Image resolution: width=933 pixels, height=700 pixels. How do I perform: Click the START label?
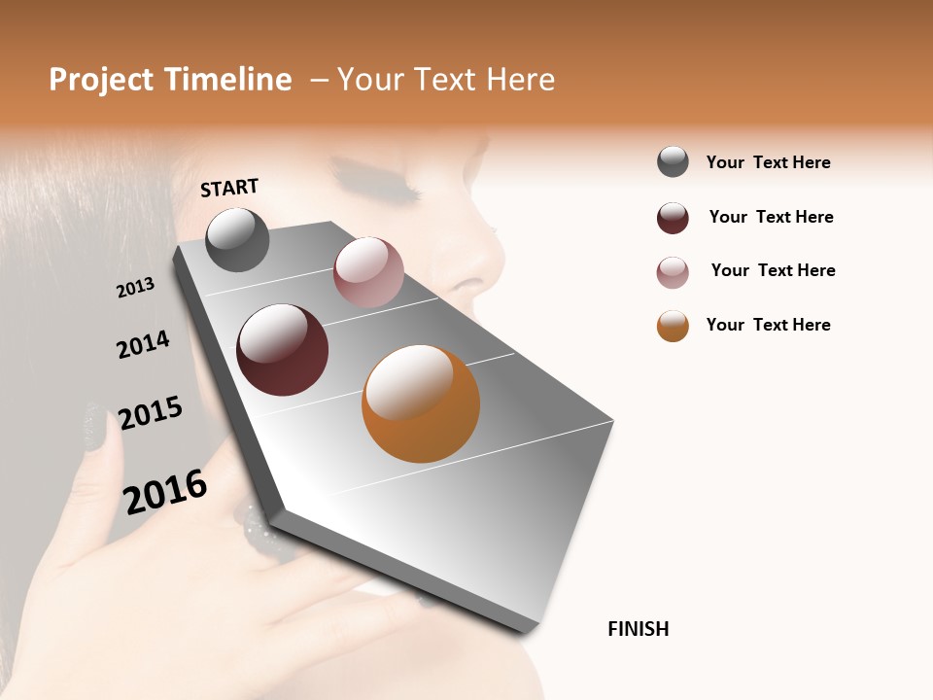pyautogui.click(x=229, y=188)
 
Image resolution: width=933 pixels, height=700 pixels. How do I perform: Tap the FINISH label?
pyautogui.click(x=638, y=629)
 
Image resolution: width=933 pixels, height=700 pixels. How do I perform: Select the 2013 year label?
pyautogui.click(x=135, y=288)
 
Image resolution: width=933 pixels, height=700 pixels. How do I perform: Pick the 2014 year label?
pyautogui.click(x=143, y=344)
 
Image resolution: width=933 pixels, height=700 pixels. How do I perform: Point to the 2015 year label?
pyautogui.click(x=150, y=413)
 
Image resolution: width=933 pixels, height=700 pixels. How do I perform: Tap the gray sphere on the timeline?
pyautogui.click(x=237, y=239)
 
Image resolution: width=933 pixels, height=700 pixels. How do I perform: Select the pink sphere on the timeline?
pyautogui.click(x=368, y=271)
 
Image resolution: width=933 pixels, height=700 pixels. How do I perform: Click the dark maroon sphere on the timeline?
pyautogui.click(x=282, y=350)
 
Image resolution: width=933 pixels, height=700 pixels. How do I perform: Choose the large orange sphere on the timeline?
pyautogui.click(x=421, y=403)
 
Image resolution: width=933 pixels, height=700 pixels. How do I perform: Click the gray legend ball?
pyautogui.click(x=673, y=161)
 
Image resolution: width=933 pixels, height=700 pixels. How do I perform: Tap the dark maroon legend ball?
pyautogui.click(x=673, y=218)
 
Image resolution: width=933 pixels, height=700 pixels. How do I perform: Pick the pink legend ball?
pyautogui.click(x=673, y=272)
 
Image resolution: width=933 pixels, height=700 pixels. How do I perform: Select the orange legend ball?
pyautogui.click(x=673, y=326)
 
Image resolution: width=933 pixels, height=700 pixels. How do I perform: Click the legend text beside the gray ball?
pyautogui.click(x=768, y=162)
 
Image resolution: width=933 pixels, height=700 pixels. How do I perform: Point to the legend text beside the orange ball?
pyautogui.click(x=768, y=325)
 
